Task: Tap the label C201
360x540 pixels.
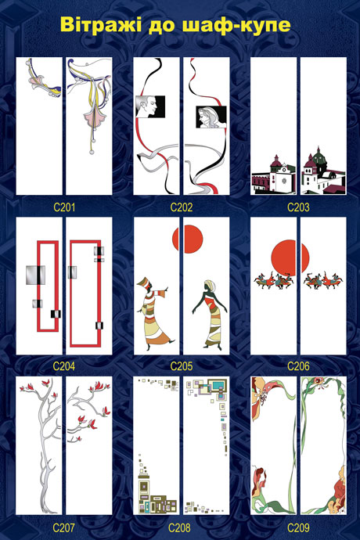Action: coord(64,207)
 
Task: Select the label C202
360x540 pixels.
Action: coord(182,207)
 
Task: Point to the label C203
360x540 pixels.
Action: coord(298,207)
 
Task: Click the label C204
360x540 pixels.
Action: coord(64,366)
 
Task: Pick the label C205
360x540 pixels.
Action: coord(182,366)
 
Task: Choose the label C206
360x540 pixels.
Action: coord(298,366)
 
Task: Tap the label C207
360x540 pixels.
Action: coord(64,527)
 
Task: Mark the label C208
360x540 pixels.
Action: coord(179,527)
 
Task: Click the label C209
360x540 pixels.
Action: coord(298,527)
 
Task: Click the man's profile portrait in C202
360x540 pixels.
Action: coord(150,106)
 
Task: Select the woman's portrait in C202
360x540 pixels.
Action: coord(211,117)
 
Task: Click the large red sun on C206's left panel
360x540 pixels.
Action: coord(283,257)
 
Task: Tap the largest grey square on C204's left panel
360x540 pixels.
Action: coord(35,275)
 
